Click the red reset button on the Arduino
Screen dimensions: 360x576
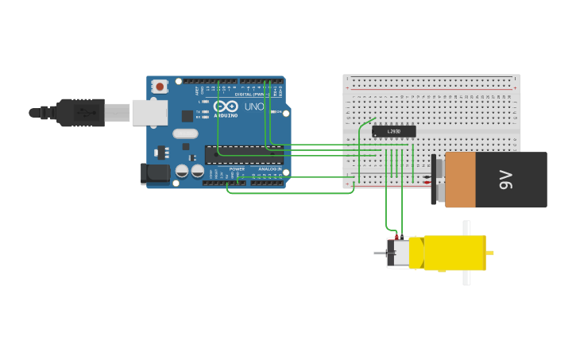coord(160,86)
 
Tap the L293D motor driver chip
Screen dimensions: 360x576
coord(393,131)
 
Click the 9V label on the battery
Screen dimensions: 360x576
coord(506,180)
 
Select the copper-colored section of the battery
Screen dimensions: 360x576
coord(460,180)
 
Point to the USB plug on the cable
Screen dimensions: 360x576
coord(80,113)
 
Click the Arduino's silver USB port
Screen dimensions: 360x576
coord(149,113)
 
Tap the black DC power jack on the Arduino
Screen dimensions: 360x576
coord(156,174)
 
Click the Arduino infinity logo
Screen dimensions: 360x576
coord(226,106)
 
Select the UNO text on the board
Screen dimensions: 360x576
coord(254,106)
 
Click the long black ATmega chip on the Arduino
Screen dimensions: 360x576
coord(243,154)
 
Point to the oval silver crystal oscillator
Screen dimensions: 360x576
coord(184,134)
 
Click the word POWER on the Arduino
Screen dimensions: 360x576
coord(237,169)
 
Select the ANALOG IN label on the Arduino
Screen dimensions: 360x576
coord(269,169)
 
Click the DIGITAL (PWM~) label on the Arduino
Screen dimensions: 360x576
coord(248,94)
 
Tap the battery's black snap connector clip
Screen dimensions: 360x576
coord(434,180)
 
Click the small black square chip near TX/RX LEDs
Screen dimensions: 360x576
coord(186,146)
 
